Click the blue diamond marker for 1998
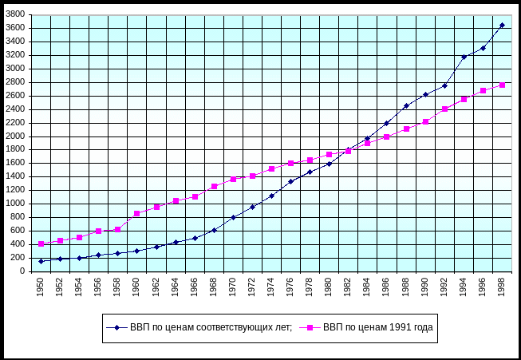502,25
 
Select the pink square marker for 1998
502,85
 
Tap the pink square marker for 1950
41,243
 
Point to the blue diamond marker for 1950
41,261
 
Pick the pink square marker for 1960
136,213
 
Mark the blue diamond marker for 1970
233,217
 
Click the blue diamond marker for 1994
464,57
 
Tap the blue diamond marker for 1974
271,196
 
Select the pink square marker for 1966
195,196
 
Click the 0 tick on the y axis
26,271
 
